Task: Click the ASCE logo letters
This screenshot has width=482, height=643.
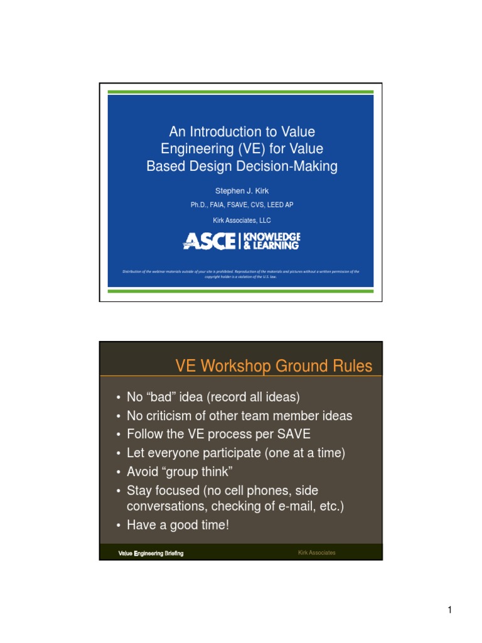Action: pyautogui.click(x=210, y=240)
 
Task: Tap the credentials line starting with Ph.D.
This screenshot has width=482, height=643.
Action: pyautogui.click(x=242, y=205)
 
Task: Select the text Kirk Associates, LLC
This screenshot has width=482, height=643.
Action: pyautogui.click(x=242, y=220)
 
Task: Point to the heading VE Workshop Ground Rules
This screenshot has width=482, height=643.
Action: pyautogui.click(x=274, y=366)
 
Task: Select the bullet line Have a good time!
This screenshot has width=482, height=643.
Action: pyautogui.click(x=178, y=525)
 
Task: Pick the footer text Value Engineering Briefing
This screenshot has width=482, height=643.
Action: pyautogui.click(x=151, y=553)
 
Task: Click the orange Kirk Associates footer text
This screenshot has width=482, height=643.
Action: pyautogui.click(x=317, y=553)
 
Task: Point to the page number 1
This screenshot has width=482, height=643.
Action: pyautogui.click(x=450, y=610)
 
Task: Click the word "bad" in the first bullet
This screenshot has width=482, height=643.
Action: pyautogui.click(x=159, y=397)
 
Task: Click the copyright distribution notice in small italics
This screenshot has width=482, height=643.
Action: pyautogui.click(x=241, y=273)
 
